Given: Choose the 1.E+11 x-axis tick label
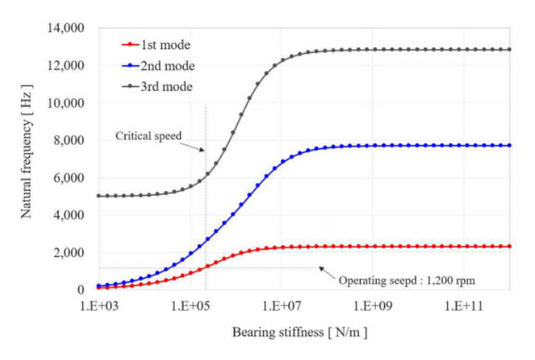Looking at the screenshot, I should (462, 305).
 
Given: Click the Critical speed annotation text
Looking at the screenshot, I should (148, 135).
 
